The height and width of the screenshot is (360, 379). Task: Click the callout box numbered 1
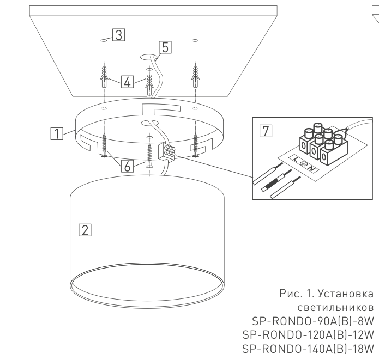[57, 133]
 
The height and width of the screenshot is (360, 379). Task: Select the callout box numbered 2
[85, 230]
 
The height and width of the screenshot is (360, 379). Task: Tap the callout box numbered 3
[119, 35]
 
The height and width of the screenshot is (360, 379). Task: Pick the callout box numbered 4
[127, 82]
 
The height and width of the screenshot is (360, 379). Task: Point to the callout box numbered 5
[165, 47]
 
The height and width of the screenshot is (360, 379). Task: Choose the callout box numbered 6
[127, 166]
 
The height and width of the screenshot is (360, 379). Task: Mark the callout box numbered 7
[266, 131]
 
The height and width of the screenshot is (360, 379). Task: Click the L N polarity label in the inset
[304, 163]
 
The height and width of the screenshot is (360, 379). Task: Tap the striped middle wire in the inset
[276, 181]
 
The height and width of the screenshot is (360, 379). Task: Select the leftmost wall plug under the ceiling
[104, 77]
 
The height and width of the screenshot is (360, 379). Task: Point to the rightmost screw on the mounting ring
[195, 145]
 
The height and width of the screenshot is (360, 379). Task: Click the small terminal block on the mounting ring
[166, 151]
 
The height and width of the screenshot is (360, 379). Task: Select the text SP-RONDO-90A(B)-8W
[313, 321]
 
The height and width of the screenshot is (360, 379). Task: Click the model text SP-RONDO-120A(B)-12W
[308, 335]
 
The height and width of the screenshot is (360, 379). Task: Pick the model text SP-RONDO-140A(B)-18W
[308, 349]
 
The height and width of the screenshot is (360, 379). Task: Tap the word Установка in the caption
[346, 294]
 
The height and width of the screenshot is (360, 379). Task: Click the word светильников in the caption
[336, 308]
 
